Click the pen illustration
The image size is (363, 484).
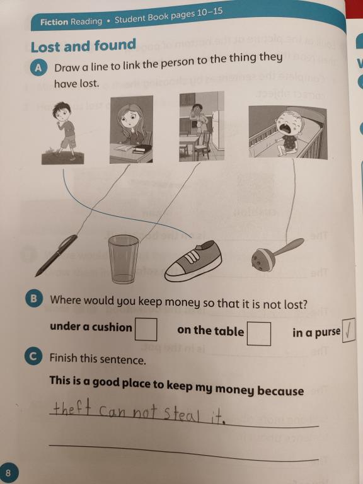[57, 255]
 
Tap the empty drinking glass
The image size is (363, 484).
[124, 259]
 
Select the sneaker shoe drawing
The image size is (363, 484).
[193, 261]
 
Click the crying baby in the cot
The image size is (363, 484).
[287, 134]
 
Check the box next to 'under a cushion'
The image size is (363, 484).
[146, 330]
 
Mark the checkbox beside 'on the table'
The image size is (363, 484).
[259, 333]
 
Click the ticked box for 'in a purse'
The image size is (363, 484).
[349, 331]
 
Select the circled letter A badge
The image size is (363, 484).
[38, 68]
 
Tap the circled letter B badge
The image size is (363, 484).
[33, 299]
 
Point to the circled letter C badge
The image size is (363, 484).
[33, 357]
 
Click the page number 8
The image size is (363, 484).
[8, 473]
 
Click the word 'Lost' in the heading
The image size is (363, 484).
[46, 47]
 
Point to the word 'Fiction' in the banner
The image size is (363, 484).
[54, 22]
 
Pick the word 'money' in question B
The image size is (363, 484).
[182, 302]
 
